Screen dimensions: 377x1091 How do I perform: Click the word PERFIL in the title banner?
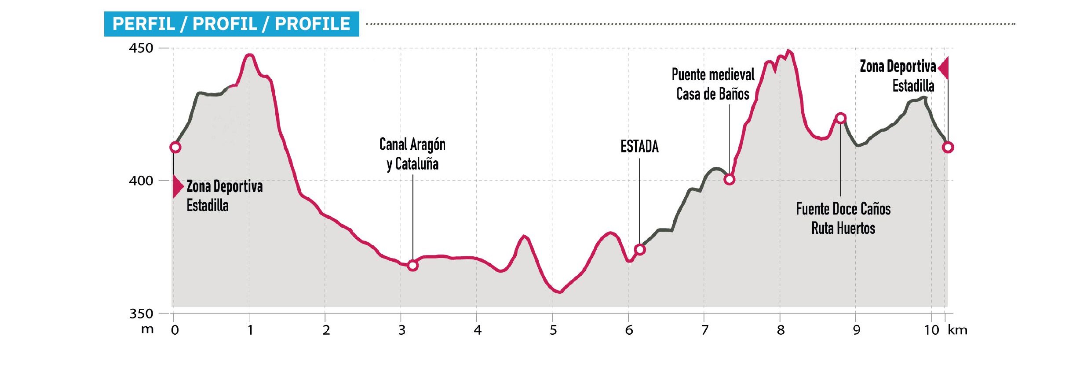click(144, 24)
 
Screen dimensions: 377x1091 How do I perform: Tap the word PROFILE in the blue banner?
click(312, 24)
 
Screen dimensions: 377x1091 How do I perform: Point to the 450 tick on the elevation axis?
click(141, 48)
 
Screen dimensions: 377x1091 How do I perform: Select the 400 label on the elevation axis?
click(141, 181)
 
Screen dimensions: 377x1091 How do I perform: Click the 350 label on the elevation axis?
click(141, 314)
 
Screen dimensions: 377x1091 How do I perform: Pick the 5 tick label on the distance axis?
click(553, 330)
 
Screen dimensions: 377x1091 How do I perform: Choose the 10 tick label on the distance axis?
click(931, 330)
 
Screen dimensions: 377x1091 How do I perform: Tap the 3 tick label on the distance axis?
click(402, 330)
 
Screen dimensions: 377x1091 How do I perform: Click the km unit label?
click(957, 330)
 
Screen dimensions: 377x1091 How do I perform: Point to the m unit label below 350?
click(147, 329)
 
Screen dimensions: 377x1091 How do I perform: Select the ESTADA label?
click(639, 147)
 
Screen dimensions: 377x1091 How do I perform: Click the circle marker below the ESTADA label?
click(640, 250)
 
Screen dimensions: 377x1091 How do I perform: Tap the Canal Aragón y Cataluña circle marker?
click(412, 265)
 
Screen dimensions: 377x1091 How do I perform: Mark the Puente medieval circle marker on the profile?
click(730, 179)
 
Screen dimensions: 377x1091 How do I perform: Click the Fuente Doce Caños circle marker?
click(841, 118)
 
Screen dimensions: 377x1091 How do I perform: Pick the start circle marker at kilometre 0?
click(175, 147)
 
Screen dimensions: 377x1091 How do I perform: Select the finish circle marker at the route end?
click(948, 147)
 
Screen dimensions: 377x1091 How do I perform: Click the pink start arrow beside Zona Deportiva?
click(178, 187)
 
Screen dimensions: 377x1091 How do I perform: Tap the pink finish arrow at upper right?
click(944, 68)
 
